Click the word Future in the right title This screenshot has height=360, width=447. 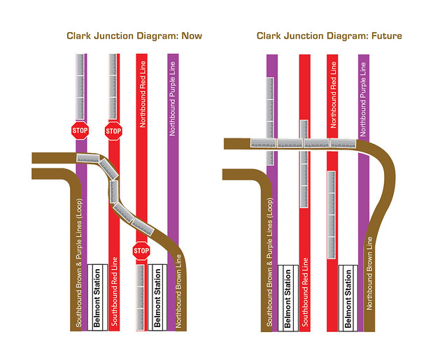382,35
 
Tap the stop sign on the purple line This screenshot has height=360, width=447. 80,130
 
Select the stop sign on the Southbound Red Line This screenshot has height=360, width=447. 113,130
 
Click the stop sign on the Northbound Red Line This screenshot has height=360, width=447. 141,250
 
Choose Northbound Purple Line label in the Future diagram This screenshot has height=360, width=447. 363,98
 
